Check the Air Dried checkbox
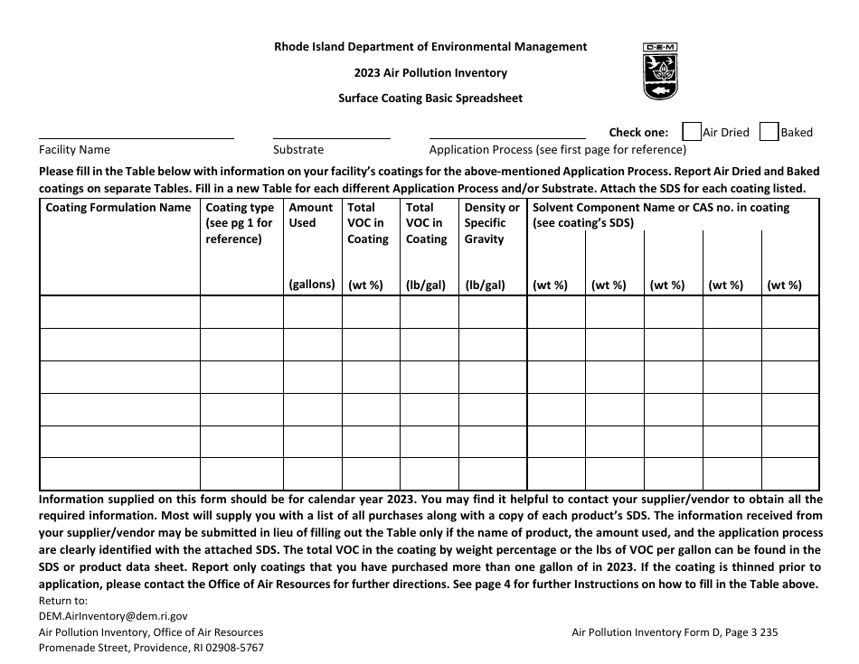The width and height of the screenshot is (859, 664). tap(691, 132)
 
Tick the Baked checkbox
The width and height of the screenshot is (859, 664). tap(769, 132)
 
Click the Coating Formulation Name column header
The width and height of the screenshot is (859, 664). tap(118, 208)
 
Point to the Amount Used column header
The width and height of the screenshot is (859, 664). tap(311, 215)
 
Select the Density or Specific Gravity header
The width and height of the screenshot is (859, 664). tap(491, 223)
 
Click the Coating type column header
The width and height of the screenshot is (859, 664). tap(240, 223)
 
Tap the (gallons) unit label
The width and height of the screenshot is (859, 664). tap(312, 285)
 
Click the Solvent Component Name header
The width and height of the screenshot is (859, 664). tap(661, 208)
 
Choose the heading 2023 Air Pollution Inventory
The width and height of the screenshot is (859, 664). tap(429, 72)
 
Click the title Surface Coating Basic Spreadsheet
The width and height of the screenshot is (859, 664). tap(429, 98)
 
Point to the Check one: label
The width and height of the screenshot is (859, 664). tap(638, 132)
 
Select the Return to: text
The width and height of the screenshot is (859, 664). tap(62, 600)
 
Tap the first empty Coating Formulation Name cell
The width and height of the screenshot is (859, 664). tap(119, 313)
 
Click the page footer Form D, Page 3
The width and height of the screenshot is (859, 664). tap(675, 632)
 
